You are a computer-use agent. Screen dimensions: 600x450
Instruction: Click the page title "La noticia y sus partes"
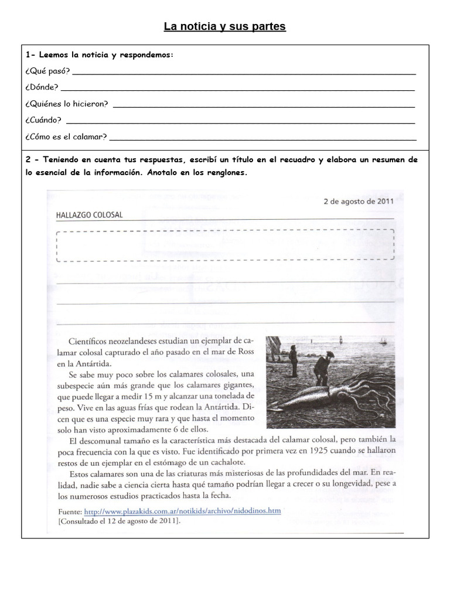tap(224, 26)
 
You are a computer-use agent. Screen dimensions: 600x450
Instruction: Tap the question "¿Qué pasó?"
tap(47, 71)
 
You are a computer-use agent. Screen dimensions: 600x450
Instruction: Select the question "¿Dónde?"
tap(42, 87)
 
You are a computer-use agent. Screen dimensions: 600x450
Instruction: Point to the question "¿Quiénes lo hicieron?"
tap(66, 104)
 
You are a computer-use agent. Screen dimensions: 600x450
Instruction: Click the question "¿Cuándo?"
tap(43, 120)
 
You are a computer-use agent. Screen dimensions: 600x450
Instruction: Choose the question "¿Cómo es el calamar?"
tap(66, 137)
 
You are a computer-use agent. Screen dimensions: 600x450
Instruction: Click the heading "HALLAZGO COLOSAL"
tap(89, 215)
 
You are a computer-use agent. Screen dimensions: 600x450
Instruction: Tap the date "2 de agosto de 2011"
tap(359, 202)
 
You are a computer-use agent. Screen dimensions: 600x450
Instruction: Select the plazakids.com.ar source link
tap(182, 510)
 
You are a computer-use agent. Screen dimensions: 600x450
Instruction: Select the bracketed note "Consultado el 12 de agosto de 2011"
tap(119, 520)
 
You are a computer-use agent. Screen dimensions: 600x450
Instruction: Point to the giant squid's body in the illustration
tap(328, 399)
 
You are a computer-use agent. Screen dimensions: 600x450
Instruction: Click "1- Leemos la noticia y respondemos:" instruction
tap(100, 55)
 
